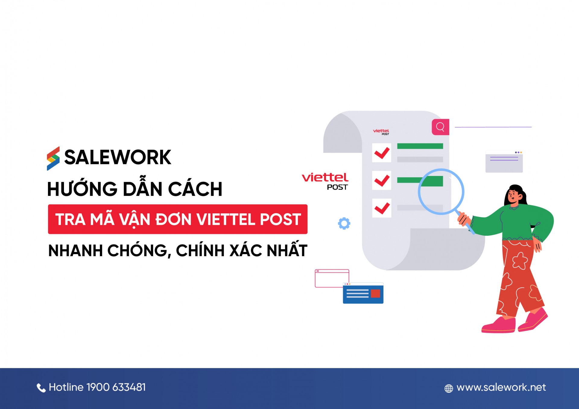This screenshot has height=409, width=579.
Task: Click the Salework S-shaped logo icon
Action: (53, 159)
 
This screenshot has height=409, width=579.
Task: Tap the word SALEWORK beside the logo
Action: (118, 157)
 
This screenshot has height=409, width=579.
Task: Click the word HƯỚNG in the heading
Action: (82, 189)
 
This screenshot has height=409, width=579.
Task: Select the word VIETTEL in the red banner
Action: (226, 219)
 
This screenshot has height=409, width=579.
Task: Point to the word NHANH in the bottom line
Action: (75, 250)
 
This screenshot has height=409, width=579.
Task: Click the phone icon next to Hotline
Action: (41, 388)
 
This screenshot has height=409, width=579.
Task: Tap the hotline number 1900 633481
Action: (116, 387)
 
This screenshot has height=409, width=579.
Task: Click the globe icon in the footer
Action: (449, 388)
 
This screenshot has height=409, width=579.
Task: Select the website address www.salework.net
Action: (501, 387)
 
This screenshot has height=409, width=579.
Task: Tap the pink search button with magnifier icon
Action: (440, 127)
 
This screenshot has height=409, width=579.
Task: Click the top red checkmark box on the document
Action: (381, 153)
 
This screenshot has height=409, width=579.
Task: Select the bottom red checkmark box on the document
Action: (381, 208)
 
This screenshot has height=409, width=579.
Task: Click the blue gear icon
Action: (344, 223)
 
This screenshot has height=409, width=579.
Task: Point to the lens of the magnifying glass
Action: (441, 191)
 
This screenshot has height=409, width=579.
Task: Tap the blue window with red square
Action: (363, 293)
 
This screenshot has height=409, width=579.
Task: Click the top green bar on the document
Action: (420, 146)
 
